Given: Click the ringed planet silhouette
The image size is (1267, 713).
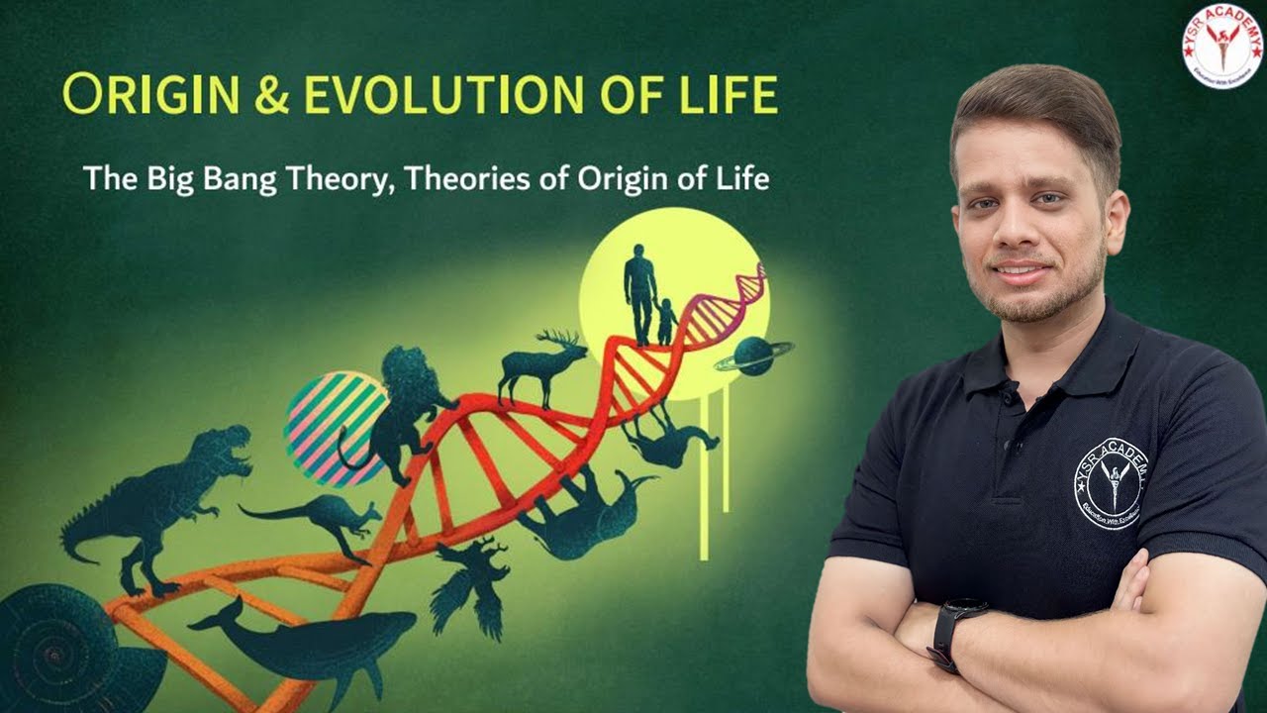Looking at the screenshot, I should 754,356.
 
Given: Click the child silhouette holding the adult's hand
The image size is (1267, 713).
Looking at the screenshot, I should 667,320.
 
